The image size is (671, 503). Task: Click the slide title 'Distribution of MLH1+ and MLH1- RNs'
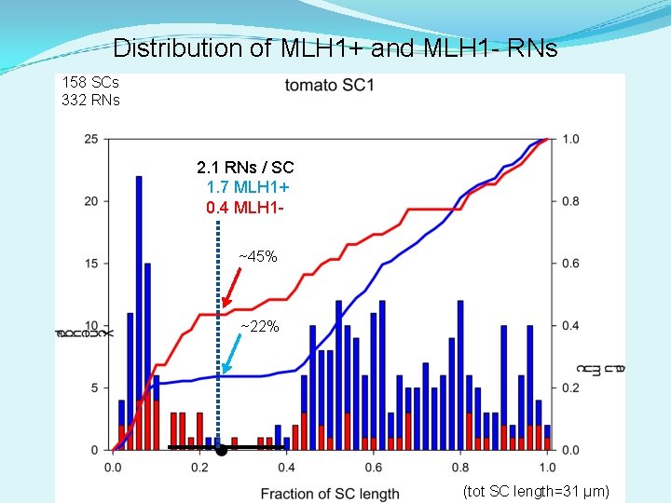[x=335, y=48]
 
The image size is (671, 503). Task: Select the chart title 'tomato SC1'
[x=329, y=86]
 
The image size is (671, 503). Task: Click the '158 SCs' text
[x=90, y=82]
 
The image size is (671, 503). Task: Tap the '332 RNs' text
[x=90, y=100]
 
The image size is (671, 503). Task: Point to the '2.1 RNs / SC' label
[x=245, y=168]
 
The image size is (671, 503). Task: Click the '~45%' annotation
[x=257, y=256]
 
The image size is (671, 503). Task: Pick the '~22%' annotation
[x=259, y=326]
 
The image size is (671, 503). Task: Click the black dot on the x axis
[x=221, y=451]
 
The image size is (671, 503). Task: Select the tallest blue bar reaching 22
[x=139, y=312]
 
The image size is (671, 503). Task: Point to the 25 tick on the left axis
[x=90, y=139]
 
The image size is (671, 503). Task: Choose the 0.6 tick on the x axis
[x=373, y=468]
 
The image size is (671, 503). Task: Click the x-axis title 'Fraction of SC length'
[x=329, y=493]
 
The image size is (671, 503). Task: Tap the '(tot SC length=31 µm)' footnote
[x=536, y=491]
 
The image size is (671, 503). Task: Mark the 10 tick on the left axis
[x=90, y=325]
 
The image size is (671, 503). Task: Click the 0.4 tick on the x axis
[x=286, y=468]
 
